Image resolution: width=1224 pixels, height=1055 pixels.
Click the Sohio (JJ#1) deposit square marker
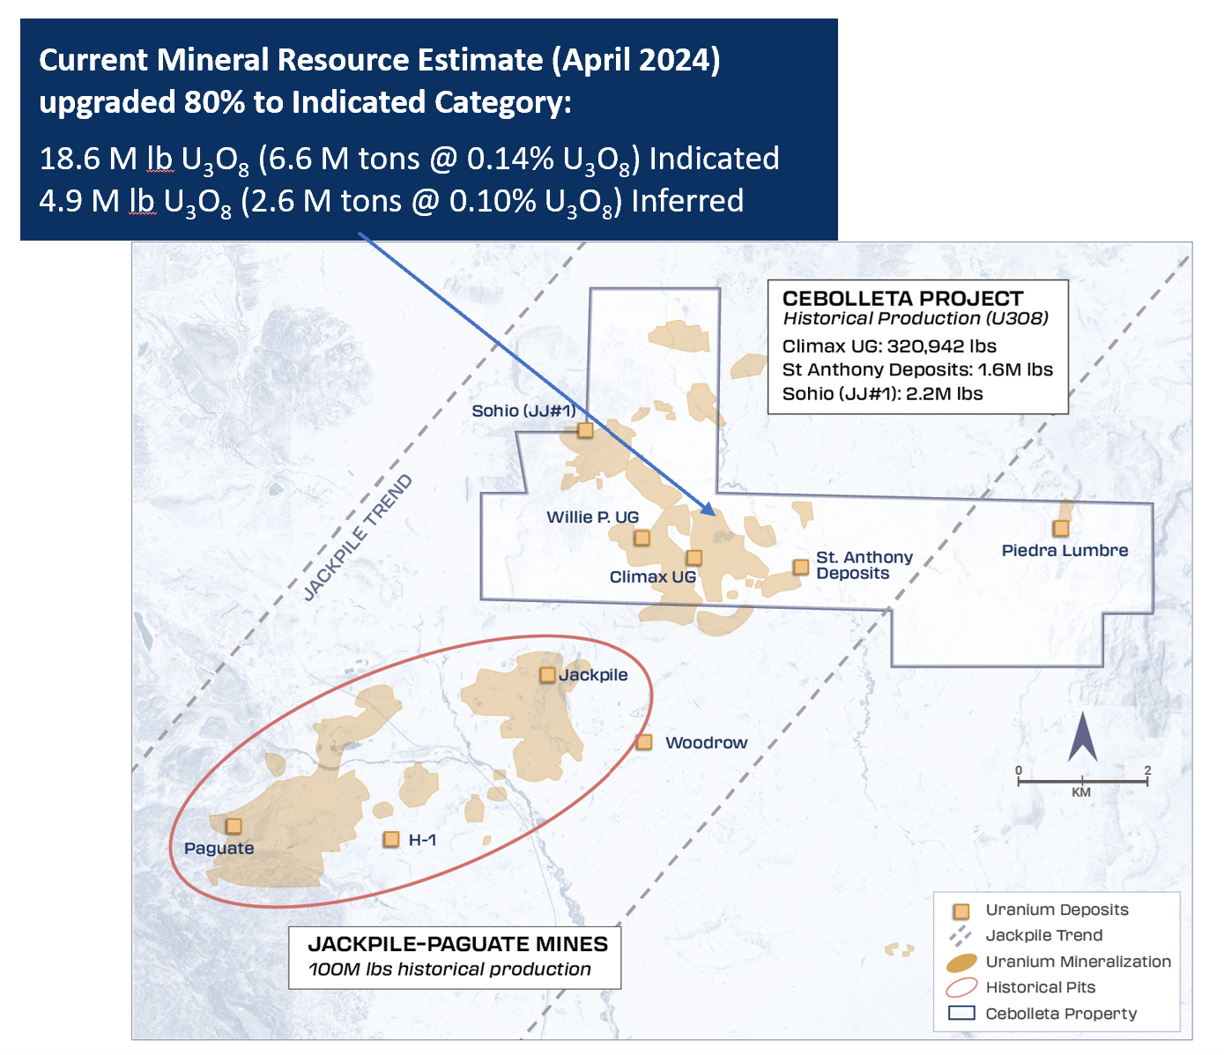(585, 430)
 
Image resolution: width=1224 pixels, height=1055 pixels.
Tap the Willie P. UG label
(592, 517)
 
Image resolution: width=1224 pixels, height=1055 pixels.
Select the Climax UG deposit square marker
(694, 558)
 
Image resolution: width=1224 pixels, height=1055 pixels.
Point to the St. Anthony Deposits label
(863, 565)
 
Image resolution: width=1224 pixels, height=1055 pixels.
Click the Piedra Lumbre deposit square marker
(1061, 528)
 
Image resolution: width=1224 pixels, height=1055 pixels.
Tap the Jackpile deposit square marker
(547, 675)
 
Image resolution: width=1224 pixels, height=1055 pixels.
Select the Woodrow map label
(706, 743)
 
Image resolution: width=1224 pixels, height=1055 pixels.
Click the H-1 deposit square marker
(391, 840)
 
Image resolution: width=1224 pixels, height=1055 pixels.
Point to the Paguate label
(219, 848)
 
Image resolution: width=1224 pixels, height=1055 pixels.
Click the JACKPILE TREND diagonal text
(358, 538)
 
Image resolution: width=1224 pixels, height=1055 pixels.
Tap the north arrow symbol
(1082, 739)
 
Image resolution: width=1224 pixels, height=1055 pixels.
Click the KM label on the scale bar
(1081, 792)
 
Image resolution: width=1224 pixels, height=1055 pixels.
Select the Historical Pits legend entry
(1040, 987)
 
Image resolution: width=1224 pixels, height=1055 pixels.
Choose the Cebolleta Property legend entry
(1061, 1014)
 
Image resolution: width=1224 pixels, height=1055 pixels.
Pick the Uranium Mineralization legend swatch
(961, 962)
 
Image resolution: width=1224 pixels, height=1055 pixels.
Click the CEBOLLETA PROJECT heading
(902, 299)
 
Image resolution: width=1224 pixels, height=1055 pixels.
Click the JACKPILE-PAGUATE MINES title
(457, 944)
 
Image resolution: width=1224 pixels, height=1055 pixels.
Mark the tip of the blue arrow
(712, 512)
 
